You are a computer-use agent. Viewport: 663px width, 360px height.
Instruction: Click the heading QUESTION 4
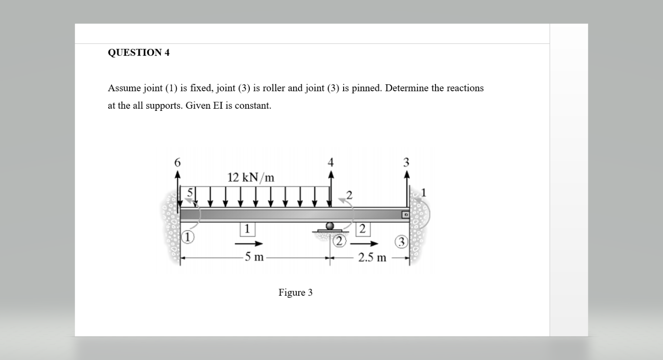[x=138, y=53]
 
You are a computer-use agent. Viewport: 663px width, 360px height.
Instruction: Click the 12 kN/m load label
[x=251, y=177]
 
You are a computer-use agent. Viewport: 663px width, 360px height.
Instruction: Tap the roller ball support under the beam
[x=330, y=226]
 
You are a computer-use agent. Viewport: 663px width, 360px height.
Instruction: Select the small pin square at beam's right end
[x=405, y=214]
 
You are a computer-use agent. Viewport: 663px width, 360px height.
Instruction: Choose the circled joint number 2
[x=339, y=241]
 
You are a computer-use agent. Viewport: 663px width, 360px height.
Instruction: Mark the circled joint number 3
[x=402, y=242]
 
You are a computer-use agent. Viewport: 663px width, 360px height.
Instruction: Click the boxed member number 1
[x=247, y=228]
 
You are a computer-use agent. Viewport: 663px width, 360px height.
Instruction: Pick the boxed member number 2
[x=362, y=228]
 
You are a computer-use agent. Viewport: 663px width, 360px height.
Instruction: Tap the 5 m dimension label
[x=254, y=257]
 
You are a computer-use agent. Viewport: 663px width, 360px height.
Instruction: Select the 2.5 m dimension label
[x=372, y=257]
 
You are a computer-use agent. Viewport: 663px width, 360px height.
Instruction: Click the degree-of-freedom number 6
[x=177, y=162]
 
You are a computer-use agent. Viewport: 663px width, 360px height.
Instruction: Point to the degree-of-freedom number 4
[x=331, y=162]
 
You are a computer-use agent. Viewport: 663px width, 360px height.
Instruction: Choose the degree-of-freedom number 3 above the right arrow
[x=406, y=162]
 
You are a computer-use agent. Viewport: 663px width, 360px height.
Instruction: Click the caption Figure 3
[x=295, y=292]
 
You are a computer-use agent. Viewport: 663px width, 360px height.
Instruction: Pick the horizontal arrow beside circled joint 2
[x=368, y=243]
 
